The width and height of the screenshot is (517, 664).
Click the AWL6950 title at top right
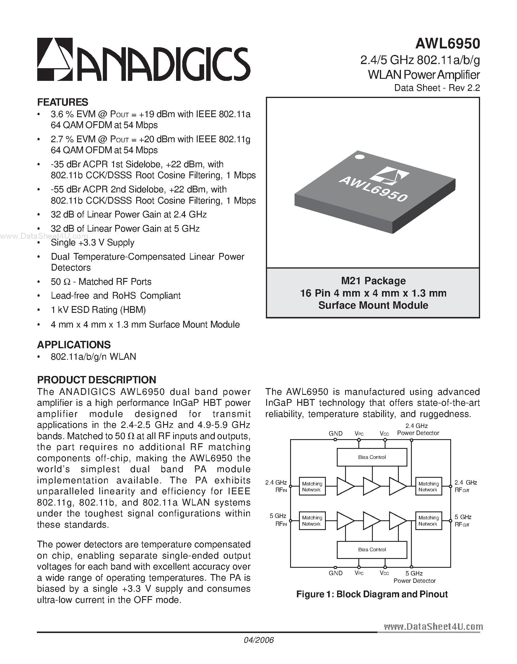448,44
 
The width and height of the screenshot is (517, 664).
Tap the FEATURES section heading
62,102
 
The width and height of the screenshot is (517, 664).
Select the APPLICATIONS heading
74,344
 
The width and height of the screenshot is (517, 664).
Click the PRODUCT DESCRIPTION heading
97,380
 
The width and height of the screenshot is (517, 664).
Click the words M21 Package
373,280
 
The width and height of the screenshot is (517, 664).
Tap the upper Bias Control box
372,457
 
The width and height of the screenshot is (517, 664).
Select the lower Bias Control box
372,549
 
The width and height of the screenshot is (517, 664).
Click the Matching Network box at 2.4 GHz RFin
312,486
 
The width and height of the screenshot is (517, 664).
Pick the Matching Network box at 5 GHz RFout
428,521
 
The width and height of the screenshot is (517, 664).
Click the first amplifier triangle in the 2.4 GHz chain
345,486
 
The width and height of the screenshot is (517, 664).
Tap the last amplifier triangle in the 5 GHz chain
397,521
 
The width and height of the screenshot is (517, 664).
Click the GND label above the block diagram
335,434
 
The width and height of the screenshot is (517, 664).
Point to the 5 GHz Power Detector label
414,577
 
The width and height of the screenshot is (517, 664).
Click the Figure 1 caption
372,594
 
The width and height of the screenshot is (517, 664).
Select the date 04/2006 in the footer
259,640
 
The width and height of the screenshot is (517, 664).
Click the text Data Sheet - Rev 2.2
437,88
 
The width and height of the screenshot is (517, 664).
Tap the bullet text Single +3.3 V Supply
92,242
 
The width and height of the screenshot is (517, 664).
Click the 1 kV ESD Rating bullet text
98,310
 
